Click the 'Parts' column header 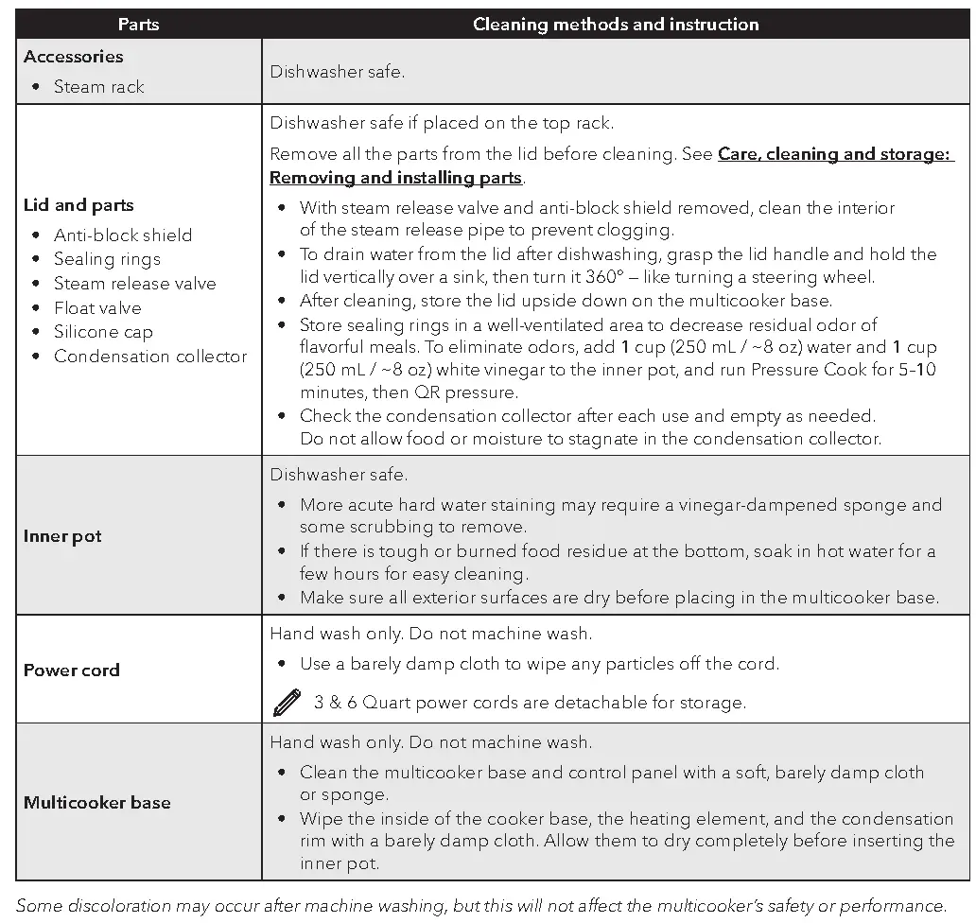[x=138, y=25]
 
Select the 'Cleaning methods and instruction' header [x=616, y=25]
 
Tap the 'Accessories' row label [x=74, y=57]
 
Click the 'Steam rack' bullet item [x=98, y=87]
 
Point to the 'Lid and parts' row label [x=78, y=205]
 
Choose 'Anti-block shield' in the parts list [x=122, y=235]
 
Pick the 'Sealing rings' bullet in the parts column [x=107, y=259]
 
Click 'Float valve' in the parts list [x=96, y=308]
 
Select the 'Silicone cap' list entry [x=103, y=332]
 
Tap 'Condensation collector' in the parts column [x=149, y=357]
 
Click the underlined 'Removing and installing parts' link [x=395, y=178]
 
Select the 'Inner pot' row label [x=62, y=536]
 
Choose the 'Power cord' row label [x=72, y=670]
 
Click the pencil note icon [x=286, y=703]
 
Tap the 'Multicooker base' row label [x=97, y=803]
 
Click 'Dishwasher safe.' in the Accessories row [x=338, y=72]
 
